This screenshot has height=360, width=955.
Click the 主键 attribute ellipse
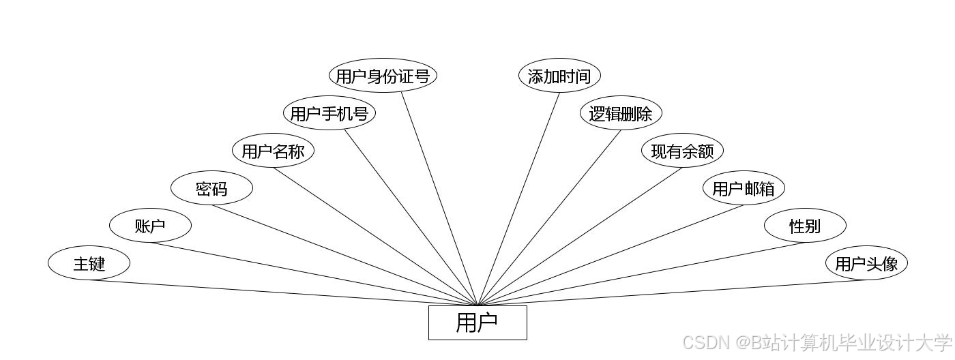click(89, 263)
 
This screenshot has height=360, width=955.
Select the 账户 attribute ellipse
click(150, 226)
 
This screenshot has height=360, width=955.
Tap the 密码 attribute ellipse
click(211, 188)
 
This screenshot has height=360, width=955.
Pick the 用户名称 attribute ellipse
click(273, 151)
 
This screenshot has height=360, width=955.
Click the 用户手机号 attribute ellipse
click(329, 113)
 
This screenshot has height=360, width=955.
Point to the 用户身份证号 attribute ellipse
click(383, 76)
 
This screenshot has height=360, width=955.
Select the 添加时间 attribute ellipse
click(559, 76)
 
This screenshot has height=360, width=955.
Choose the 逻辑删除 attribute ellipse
click(621, 113)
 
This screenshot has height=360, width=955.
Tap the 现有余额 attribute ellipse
click(682, 151)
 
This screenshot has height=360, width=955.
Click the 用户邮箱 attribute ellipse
click(744, 188)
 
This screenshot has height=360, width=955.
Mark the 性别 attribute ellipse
click(805, 226)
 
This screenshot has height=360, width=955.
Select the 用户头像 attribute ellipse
click(866, 263)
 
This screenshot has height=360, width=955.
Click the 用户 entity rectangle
click(477, 322)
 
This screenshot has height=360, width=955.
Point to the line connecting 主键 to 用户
click(283, 292)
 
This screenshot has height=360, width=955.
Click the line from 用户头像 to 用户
click(672, 292)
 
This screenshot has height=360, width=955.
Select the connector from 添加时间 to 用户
click(518, 199)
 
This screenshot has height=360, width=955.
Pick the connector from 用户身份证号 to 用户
click(439, 199)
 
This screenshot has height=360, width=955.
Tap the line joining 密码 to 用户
click(344, 255)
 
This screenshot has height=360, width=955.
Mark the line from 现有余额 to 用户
click(580, 237)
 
